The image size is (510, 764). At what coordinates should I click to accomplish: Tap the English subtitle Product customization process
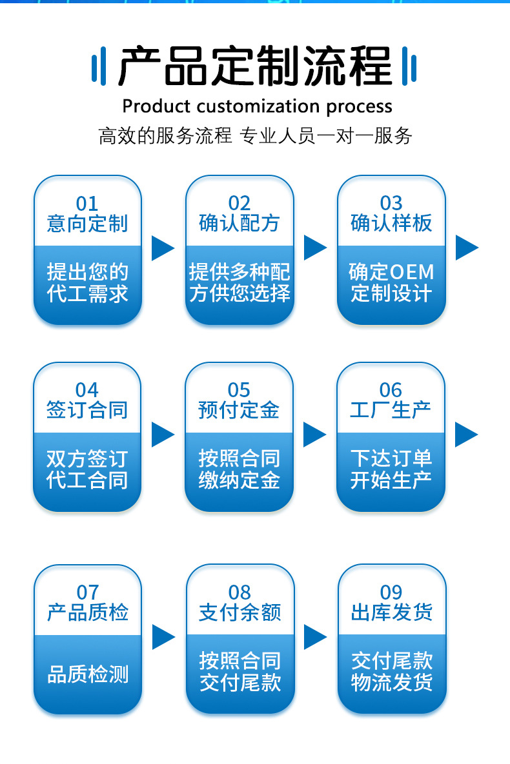257,106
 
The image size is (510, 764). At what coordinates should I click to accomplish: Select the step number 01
87,204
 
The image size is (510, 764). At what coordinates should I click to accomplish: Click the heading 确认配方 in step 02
240,224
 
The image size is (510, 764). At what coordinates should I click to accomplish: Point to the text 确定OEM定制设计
391,282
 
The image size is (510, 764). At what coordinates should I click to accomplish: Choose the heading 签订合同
87,410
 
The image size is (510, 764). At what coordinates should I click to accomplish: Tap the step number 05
239,390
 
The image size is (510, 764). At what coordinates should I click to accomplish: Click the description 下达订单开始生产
391,469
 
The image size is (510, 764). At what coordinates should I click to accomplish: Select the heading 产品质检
88,612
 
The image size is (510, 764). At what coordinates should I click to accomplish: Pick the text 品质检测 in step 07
88,674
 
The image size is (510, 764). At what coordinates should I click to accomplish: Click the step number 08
240,593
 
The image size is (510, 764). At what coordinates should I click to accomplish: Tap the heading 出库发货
391,612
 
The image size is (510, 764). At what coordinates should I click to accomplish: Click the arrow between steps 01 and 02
163,248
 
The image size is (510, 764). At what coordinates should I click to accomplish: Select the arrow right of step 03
467,248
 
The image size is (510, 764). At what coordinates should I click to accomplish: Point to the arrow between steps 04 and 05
163,435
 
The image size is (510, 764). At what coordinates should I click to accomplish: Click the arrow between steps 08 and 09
315,637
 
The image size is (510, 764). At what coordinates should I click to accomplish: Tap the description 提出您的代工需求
88,282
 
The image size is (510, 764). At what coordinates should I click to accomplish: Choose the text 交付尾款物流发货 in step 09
391,671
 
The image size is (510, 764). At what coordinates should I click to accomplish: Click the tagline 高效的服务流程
165,136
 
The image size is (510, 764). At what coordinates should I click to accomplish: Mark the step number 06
391,390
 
